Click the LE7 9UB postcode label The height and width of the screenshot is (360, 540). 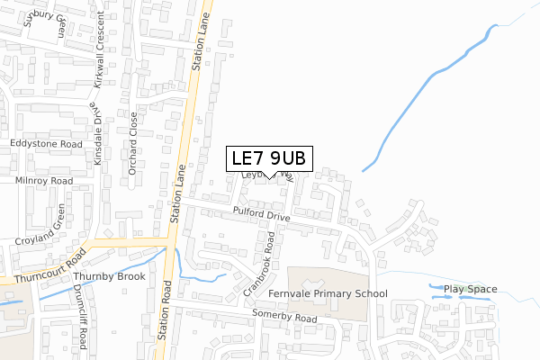tap(269, 158)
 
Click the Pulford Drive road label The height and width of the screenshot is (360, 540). tap(261, 217)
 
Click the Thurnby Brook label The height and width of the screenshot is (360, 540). tap(109, 277)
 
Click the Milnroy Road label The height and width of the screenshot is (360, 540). tap(42, 180)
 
